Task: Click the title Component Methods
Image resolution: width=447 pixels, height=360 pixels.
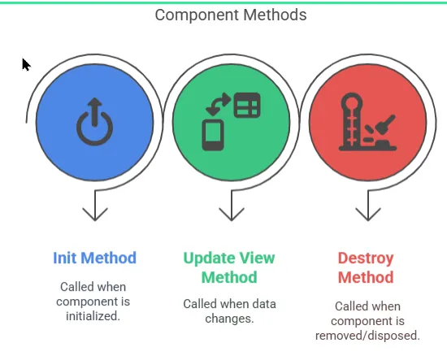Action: click(231, 15)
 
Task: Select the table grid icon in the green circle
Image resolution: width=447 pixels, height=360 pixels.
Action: click(247, 105)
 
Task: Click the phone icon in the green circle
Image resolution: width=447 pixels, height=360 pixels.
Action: click(213, 135)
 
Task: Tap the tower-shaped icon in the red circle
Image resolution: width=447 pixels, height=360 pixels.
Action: click(352, 122)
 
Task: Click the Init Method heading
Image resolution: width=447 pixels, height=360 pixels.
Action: click(94, 258)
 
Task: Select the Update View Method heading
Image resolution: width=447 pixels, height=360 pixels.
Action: click(229, 267)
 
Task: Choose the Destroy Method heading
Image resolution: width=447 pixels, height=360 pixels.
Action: click(366, 267)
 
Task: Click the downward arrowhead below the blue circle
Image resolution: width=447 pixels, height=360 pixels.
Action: click(95, 214)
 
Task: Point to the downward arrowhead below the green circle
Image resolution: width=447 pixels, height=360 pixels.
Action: click(232, 214)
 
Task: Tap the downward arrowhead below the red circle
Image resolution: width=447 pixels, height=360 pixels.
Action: click(368, 214)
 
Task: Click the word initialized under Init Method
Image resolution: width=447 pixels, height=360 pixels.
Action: click(93, 316)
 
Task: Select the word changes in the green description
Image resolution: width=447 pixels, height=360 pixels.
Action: click(229, 319)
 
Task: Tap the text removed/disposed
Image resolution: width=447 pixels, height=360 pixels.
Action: click(367, 336)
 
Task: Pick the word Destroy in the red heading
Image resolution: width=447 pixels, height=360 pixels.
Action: click(366, 258)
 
